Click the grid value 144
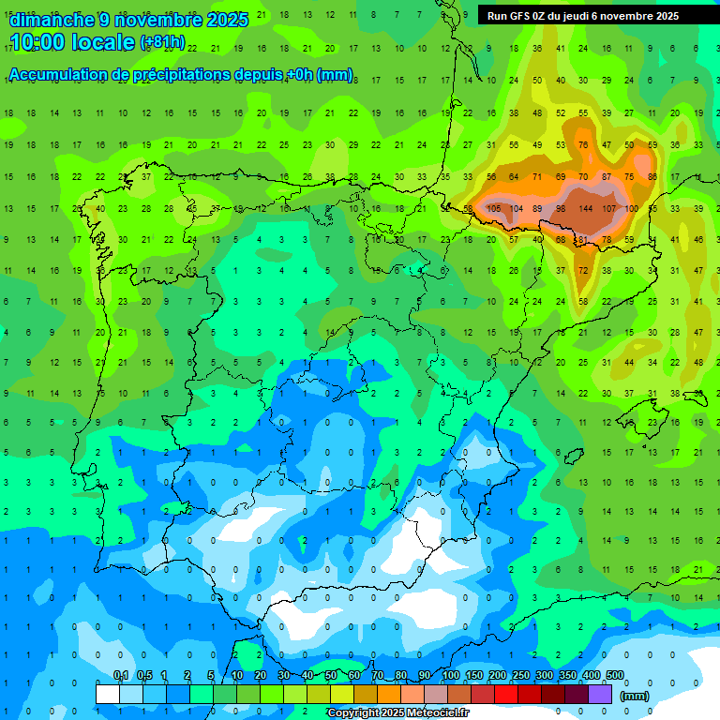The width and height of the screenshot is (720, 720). click(x=587, y=208)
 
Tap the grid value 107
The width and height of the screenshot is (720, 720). click(x=609, y=208)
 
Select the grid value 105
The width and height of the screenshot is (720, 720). click(x=493, y=208)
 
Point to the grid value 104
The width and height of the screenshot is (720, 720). click(x=517, y=208)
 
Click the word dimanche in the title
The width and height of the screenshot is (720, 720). click(x=52, y=20)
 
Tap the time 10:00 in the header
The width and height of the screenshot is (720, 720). click(x=41, y=42)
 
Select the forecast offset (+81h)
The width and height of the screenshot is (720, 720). click(x=162, y=42)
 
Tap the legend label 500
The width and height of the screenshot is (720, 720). click(x=615, y=675)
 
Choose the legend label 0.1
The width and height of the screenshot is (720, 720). click(x=121, y=675)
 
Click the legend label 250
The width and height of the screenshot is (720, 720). click(x=521, y=675)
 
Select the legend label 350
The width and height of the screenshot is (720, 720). click(x=568, y=675)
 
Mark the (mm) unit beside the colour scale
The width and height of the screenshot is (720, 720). click(x=635, y=696)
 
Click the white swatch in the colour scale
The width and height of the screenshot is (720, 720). click(x=108, y=694)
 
